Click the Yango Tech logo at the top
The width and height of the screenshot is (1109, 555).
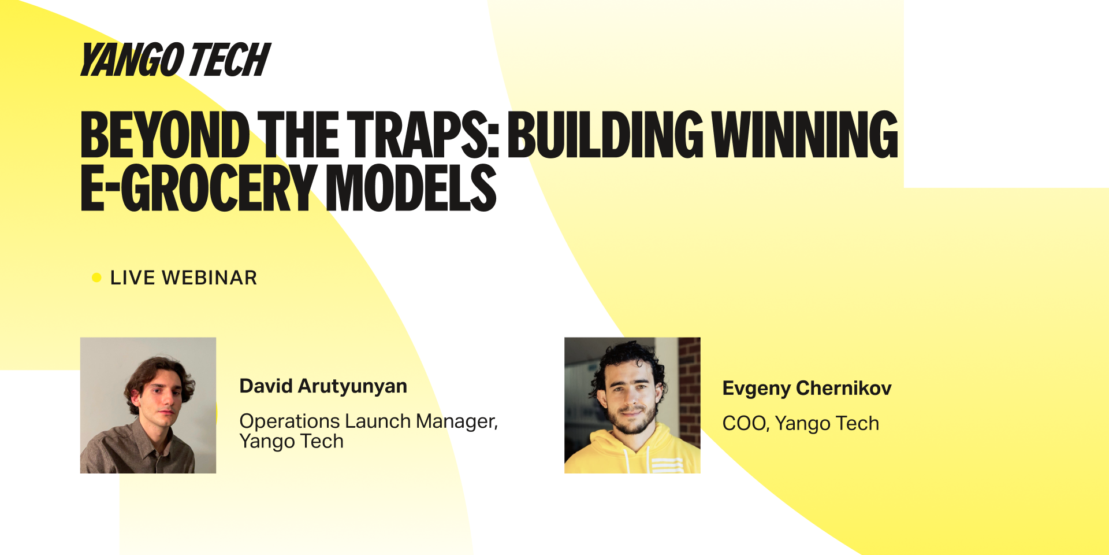176,60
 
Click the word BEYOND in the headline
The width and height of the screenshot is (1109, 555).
165,134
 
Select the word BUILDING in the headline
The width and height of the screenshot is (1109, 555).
605,134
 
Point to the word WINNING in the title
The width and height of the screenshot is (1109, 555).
805,134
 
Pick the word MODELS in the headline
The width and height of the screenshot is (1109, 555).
411,187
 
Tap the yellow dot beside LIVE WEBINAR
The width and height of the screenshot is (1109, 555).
97,278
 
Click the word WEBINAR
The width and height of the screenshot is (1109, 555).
209,278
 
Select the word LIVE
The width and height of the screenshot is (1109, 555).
133,278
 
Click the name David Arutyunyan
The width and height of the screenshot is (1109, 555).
323,386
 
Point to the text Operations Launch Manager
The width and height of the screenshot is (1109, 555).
369,421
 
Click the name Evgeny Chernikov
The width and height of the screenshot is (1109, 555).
807,388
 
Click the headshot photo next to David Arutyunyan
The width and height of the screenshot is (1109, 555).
148,405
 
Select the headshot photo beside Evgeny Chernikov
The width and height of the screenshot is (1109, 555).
632,405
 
